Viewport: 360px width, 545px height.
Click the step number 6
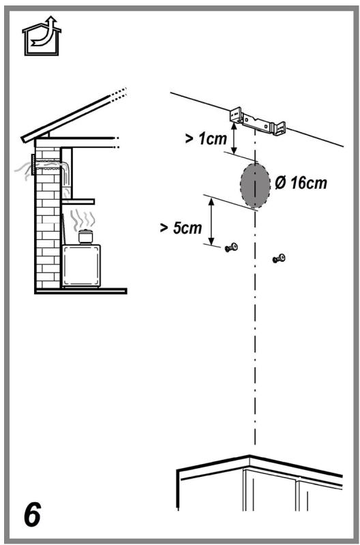point(32,514)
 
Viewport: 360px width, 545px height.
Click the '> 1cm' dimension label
point(206,139)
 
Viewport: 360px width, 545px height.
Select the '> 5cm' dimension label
point(181,228)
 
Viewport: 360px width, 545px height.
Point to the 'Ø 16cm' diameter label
point(301,183)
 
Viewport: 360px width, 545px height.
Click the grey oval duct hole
point(255,185)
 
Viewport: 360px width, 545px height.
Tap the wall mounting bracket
point(258,121)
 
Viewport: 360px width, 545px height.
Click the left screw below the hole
point(231,247)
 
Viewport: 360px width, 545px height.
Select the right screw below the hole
point(279,258)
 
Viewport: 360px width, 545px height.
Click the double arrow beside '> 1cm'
point(234,138)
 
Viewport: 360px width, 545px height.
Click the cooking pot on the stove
point(85,236)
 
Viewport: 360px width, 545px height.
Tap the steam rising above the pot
point(82,219)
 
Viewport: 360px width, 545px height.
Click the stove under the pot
point(81,266)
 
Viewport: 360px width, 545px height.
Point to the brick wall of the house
point(48,218)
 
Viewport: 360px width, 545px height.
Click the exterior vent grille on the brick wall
point(33,165)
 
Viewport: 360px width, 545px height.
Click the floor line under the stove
point(80,291)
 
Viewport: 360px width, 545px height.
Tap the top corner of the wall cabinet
point(250,456)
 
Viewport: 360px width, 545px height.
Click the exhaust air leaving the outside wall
point(23,170)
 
